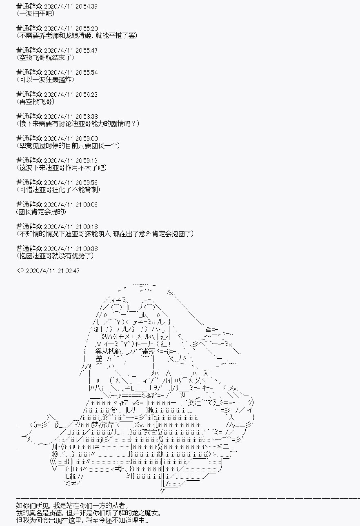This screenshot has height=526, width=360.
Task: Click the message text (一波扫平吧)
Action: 36,13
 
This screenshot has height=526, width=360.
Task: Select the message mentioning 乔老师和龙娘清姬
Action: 77,36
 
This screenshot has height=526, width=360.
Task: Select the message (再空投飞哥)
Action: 36,102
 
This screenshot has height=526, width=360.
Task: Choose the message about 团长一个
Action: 68,146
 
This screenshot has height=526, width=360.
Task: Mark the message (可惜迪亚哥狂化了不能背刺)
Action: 59,190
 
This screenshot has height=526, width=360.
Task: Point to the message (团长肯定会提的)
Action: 41,212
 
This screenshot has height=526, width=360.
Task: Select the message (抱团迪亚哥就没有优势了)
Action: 56,256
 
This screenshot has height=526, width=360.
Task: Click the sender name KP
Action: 20,271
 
